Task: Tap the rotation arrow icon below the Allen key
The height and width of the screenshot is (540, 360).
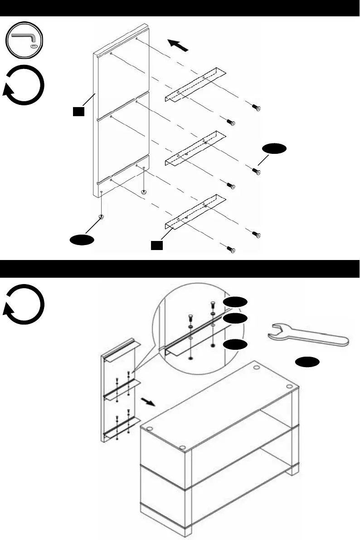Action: (24, 85)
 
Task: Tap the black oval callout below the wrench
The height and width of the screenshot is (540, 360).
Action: (307, 361)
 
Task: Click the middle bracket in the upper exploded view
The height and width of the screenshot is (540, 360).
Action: (195, 148)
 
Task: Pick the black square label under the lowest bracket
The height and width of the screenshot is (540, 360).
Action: (156, 245)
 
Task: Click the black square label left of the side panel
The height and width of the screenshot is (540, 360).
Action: (78, 111)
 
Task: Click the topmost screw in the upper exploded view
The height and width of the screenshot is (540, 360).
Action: (258, 108)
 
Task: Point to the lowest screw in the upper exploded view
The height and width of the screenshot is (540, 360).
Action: (232, 250)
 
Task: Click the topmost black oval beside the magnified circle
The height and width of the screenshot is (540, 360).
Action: (235, 303)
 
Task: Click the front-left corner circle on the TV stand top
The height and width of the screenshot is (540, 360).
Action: (149, 428)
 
